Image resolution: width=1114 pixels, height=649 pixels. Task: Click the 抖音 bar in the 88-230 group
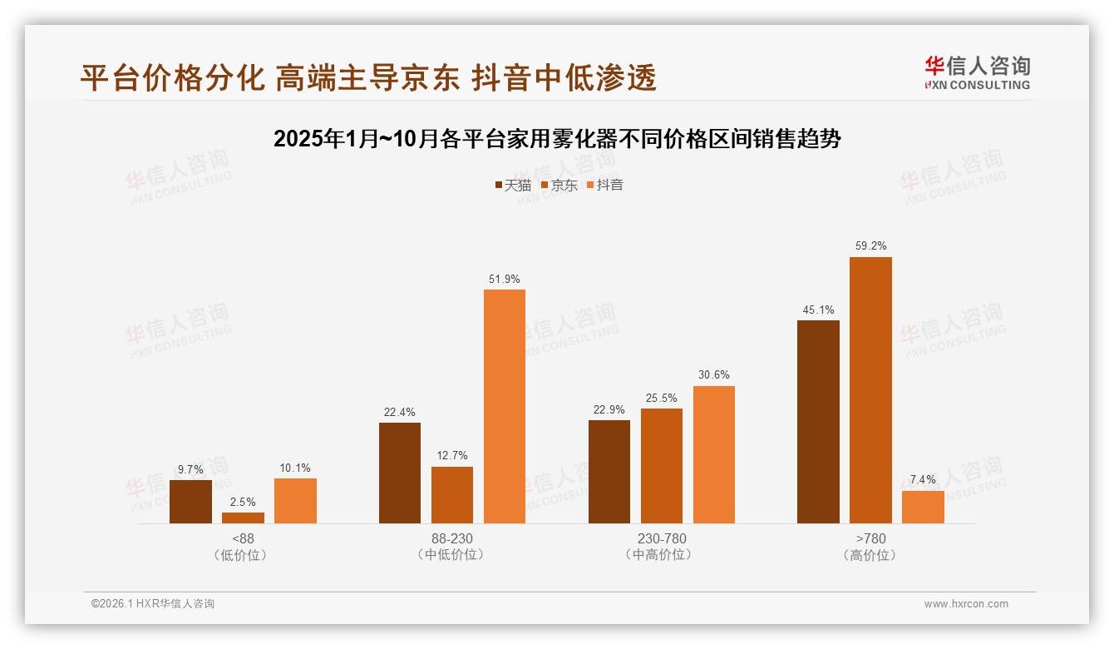pos(505,406)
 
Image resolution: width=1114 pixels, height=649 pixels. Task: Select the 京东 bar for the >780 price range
pos(870,390)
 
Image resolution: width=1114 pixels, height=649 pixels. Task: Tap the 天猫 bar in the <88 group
pos(190,502)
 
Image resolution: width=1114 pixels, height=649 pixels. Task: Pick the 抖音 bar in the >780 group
pos(923,507)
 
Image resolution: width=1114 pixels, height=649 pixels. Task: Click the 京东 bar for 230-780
pos(661,466)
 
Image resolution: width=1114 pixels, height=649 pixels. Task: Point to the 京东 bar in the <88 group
pos(243,518)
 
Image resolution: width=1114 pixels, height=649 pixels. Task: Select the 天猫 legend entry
pos(513,185)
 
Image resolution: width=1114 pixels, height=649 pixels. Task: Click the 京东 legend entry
pos(559,185)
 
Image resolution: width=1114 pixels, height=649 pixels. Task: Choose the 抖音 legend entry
pos(605,185)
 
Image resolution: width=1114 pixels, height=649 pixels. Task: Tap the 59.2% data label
pos(870,246)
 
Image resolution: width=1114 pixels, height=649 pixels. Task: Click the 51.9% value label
pos(505,279)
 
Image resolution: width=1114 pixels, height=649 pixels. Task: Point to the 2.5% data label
pos(243,502)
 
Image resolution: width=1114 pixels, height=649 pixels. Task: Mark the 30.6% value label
pos(713,375)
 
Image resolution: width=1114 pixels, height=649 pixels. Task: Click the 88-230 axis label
pos(451,538)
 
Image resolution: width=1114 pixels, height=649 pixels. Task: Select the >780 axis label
pos(870,538)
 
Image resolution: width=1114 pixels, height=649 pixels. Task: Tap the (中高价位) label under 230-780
pos(661,554)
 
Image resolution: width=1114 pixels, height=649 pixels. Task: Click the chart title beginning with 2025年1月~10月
pos(557,139)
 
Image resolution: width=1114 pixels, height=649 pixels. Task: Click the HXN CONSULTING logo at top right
pos(978,73)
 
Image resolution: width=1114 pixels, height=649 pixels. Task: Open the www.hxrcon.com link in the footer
pos(966,604)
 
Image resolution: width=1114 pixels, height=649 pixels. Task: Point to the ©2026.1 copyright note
pos(153,604)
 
